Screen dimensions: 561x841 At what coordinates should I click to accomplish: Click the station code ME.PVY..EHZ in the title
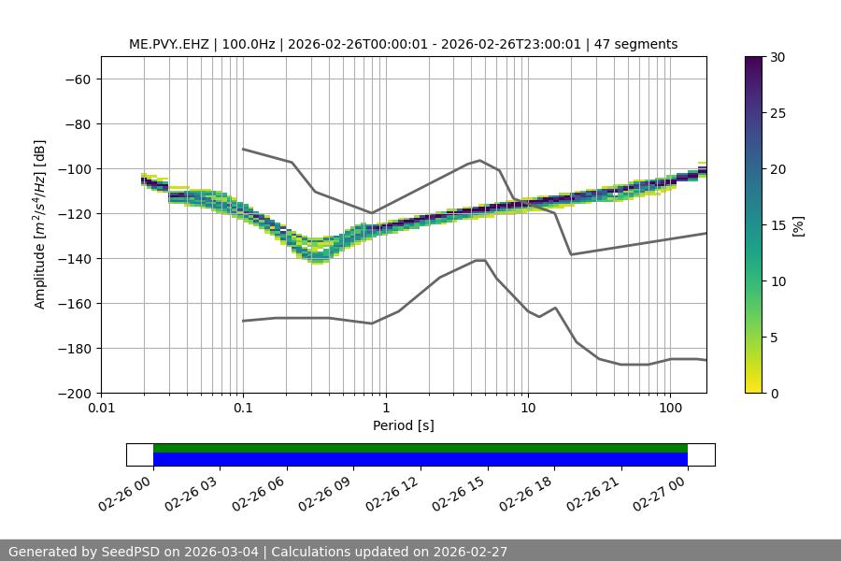pos(171,44)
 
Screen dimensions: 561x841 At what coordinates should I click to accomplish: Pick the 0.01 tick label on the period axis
pos(101,409)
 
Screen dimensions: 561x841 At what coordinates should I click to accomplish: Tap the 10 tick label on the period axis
pos(528,409)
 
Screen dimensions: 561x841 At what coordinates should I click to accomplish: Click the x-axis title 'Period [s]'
pos(403,425)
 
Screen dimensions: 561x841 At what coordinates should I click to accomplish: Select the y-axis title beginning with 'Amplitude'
pos(40,225)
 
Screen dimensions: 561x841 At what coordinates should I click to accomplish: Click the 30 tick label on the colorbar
pos(777,57)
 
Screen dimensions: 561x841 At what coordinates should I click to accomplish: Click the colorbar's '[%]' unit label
pos(798,225)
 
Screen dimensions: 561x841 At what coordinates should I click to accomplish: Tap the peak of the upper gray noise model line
pos(480,160)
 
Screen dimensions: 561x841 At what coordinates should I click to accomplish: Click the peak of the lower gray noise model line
pos(480,260)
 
